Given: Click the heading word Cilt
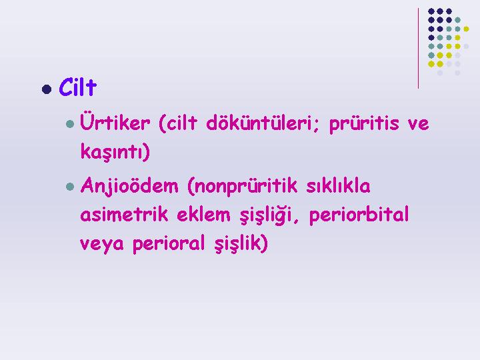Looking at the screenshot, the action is click(78, 87).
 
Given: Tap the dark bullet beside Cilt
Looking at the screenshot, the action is click(47, 89).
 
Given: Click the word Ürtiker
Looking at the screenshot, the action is click(115, 122).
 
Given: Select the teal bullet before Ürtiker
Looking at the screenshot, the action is click(70, 124).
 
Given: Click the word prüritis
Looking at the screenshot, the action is click(364, 124).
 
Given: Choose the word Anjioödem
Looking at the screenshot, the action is click(129, 186).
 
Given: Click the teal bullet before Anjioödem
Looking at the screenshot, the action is click(70, 187).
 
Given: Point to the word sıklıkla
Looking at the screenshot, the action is click(338, 185).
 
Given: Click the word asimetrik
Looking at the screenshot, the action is click(124, 214).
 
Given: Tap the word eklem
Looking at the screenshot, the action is click(203, 214).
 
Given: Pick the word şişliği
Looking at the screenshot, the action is click(266, 215).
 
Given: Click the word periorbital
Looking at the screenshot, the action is click(359, 215).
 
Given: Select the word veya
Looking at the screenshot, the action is click(102, 244).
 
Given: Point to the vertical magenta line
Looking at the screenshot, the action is click(418, 49).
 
